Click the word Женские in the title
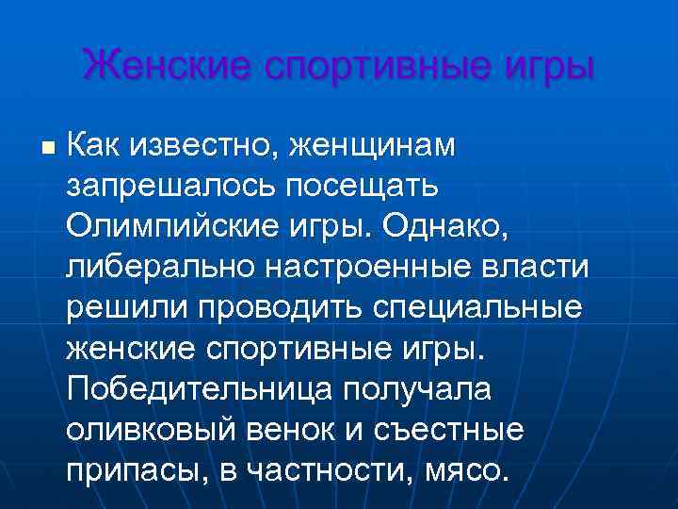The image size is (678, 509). [x=164, y=66]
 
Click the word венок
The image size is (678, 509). [x=303, y=430]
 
